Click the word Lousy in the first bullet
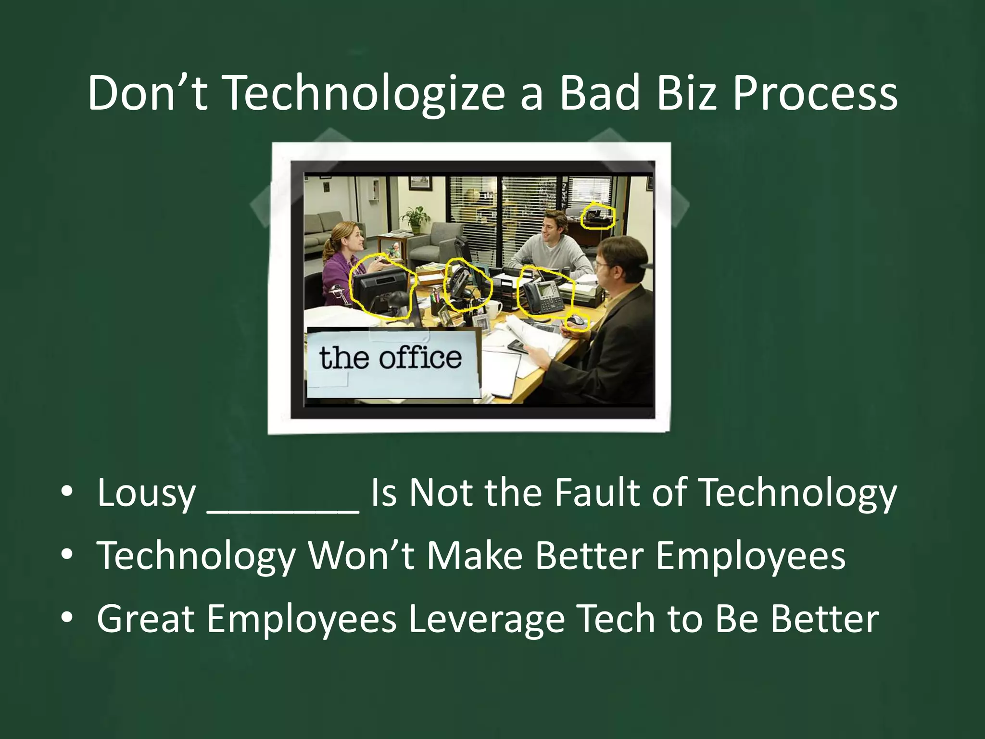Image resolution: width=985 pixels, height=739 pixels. click(x=146, y=493)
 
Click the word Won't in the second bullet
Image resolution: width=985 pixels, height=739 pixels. click(x=361, y=556)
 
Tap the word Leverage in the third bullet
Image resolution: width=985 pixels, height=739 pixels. click(x=486, y=619)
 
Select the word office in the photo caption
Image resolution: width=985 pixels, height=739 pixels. click(x=420, y=358)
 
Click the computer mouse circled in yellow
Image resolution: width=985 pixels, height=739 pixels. click(x=576, y=321)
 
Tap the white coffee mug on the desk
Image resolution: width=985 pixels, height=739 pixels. click(x=494, y=308)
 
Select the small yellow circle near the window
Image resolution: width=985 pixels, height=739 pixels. click(x=597, y=217)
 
